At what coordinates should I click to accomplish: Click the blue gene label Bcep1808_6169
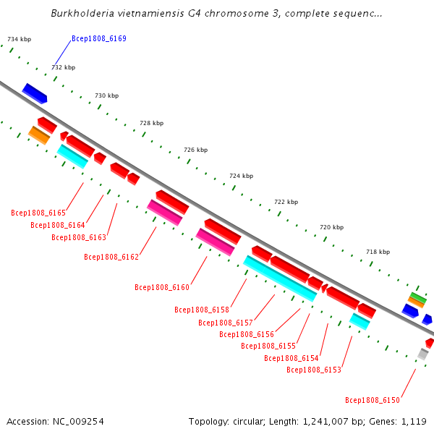coord(99,38)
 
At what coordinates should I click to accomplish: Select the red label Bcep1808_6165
coord(38,213)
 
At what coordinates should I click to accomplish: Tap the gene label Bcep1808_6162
coord(111,257)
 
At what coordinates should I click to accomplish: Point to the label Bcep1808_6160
coord(162,287)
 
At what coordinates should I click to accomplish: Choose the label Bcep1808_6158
coord(202,310)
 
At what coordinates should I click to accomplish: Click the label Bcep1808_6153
coord(314,370)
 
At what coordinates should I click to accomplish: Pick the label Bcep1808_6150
coord(373,400)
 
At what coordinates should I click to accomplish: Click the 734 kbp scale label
coord(19,39)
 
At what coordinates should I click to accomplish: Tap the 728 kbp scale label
coord(152,123)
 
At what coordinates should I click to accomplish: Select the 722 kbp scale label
coord(286,202)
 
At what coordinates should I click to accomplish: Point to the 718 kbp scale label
coord(378,252)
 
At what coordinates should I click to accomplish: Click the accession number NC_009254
coord(78,422)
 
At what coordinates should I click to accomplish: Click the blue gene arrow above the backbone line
coord(35,93)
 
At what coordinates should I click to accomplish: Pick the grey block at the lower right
coord(423,354)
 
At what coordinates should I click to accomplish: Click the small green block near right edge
coord(418,297)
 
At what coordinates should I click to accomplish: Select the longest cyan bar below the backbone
coord(280,278)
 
